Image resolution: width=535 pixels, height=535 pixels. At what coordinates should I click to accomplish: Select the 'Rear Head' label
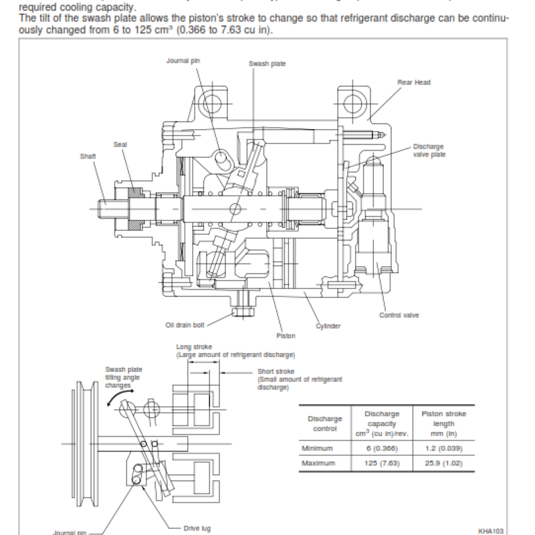[x=414, y=82]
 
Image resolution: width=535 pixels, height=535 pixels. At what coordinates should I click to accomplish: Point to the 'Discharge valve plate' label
[x=429, y=150]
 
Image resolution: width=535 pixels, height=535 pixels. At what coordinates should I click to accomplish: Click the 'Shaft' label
[x=88, y=156]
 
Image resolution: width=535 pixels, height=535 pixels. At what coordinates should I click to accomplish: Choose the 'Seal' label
[x=121, y=144]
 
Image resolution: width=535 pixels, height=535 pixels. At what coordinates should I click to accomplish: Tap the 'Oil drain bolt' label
[x=185, y=325]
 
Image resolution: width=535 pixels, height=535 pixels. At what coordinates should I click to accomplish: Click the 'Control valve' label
[x=399, y=315]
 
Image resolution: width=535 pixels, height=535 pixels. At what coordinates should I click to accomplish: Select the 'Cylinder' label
[x=328, y=326]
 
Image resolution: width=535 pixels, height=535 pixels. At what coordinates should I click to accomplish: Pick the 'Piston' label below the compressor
[x=286, y=336]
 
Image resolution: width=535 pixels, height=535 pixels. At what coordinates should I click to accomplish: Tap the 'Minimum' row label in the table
[x=317, y=448]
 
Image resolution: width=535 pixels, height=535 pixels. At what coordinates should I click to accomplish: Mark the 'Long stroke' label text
[x=193, y=347]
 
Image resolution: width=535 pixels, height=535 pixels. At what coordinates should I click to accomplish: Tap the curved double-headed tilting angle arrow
[x=114, y=399]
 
